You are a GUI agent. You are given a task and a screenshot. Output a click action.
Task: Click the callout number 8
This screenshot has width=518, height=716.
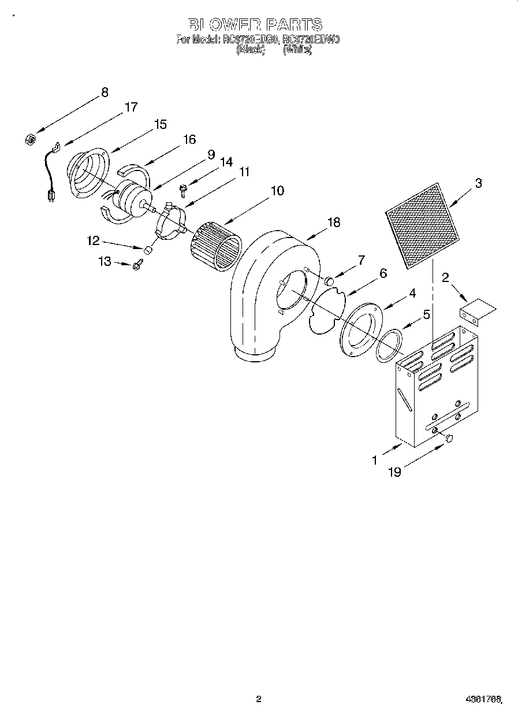tap(105, 92)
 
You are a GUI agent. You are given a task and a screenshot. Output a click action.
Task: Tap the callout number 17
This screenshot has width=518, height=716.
tap(131, 107)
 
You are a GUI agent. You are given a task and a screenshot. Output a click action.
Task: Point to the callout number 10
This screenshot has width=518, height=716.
tap(277, 191)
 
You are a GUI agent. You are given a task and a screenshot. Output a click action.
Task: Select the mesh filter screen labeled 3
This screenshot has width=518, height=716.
tap(423, 225)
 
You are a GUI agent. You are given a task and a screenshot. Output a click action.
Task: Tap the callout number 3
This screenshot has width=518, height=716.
tap(478, 183)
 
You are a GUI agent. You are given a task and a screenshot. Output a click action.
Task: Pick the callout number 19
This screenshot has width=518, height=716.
tap(394, 472)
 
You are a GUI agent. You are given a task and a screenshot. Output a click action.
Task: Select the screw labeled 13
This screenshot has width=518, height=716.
tap(137, 265)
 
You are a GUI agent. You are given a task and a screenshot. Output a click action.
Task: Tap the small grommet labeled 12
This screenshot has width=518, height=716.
tap(147, 250)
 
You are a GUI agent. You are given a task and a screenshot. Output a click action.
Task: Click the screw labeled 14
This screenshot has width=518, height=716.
tap(183, 188)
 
